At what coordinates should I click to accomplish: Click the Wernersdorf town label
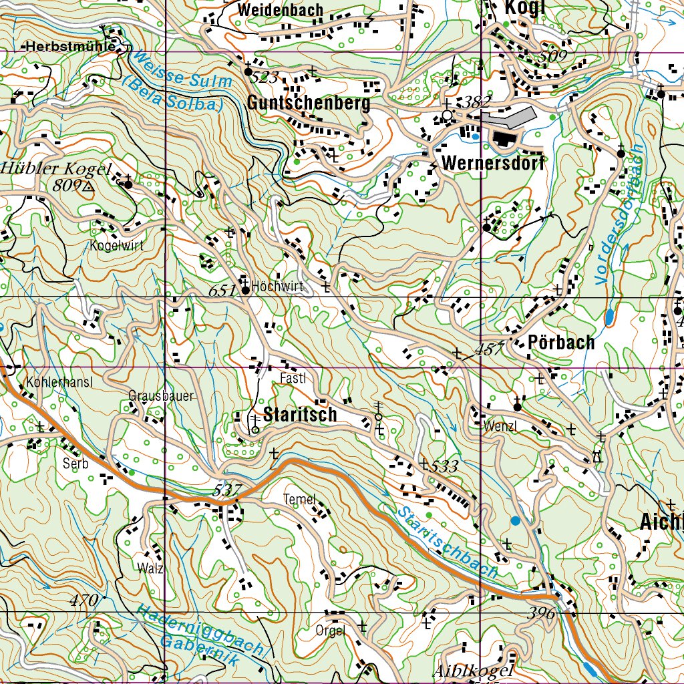(493, 163)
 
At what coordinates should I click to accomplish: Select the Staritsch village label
(301, 414)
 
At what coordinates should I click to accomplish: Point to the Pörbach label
(561, 343)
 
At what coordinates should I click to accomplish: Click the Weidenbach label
(281, 11)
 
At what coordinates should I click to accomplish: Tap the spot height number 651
(222, 291)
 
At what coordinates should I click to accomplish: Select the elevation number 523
(265, 77)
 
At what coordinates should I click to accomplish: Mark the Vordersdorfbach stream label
(618, 213)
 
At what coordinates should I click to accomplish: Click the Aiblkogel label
(474, 671)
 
